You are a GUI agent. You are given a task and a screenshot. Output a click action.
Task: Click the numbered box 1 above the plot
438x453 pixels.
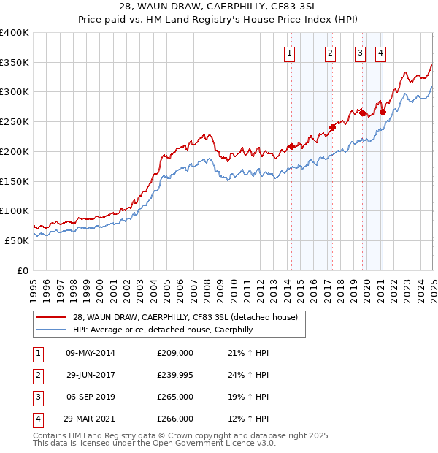(290, 52)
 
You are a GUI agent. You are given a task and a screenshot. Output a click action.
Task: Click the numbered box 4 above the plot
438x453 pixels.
(381, 52)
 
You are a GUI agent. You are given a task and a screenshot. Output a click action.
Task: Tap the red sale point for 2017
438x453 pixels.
(332, 127)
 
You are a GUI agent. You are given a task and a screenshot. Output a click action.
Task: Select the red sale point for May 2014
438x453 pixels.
(291, 146)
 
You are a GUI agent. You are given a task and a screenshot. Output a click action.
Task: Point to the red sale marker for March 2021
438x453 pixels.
(383, 112)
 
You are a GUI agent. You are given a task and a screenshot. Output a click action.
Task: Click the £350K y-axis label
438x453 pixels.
(14, 63)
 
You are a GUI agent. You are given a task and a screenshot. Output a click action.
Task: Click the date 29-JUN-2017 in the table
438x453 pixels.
(90, 375)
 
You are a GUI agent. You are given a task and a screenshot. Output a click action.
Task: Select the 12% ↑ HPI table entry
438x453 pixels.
(248, 419)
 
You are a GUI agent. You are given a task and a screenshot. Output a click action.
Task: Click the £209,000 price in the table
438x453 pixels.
(175, 353)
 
